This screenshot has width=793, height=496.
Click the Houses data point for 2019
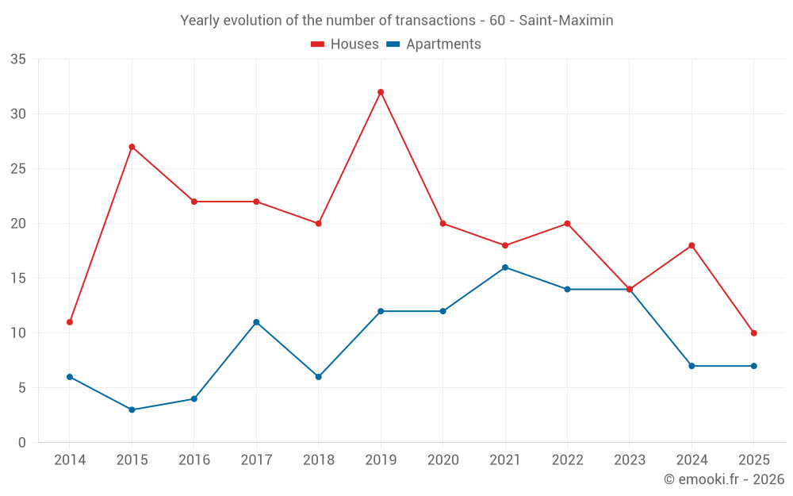(x=381, y=92)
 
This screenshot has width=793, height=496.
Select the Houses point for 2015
(x=132, y=147)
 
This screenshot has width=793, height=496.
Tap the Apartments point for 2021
(x=505, y=267)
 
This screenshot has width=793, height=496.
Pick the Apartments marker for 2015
(x=132, y=409)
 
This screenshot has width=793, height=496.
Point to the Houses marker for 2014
(x=70, y=322)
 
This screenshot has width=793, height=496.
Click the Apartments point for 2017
(x=256, y=322)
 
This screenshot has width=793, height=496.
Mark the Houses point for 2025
(x=753, y=333)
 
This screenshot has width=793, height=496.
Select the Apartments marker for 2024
(x=691, y=366)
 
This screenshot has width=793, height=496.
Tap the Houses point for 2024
(x=691, y=245)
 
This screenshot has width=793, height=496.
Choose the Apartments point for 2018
(x=318, y=377)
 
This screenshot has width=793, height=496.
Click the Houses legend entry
(x=345, y=44)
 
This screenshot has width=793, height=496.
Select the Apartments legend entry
(x=434, y=44)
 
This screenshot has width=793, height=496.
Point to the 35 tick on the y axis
(x=18, y=60)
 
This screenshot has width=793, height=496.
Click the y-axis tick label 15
(x=18, y=279)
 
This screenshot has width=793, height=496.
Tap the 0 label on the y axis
(x=22, y=443)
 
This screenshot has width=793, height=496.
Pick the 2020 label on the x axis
(x=442, y=460)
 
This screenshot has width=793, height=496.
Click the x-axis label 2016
(x=194, y=460)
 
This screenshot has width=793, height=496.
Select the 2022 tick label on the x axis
(x=567, y=460)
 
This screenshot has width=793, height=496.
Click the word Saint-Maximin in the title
(x=566, y=21)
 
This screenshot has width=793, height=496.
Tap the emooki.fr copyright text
(x=724, y=479)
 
